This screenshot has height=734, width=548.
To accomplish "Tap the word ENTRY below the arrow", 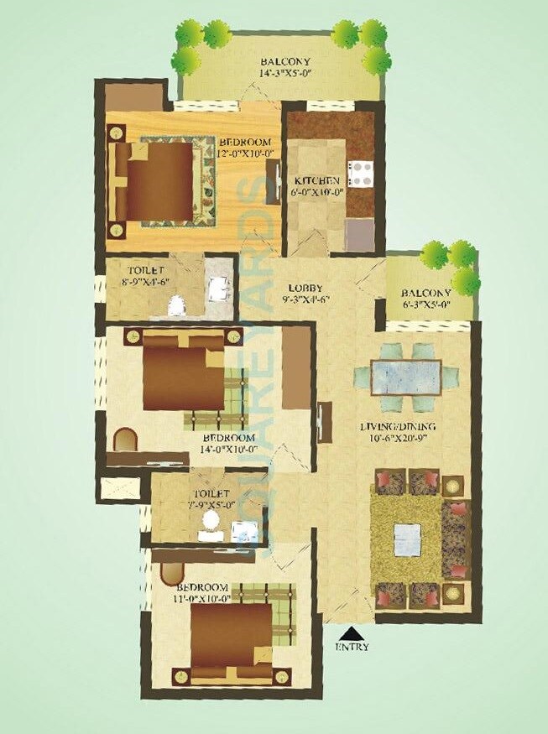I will tap(352, 648).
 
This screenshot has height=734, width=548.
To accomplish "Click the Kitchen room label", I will tap(316, 181).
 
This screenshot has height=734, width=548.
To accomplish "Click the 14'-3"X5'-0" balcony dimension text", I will tap(284, 74).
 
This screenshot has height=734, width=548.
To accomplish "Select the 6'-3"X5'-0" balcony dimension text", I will tap(425, 305).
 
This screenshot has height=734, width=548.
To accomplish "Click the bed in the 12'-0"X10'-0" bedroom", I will tap(162, 181).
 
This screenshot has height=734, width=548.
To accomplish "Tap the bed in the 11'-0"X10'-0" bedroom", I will tap(228, 634).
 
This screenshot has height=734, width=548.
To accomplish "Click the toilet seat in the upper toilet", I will tap(176, 306).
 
